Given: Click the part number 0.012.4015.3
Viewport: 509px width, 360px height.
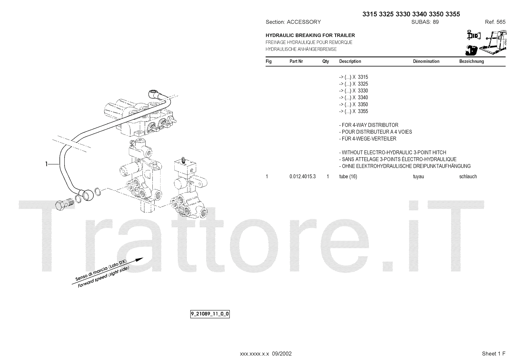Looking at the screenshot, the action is (x=302, y=177).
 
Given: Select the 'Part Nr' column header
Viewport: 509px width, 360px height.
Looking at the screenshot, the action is (x=296, y=61).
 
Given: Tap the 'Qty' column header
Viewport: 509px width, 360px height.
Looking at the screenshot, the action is (x=325, y=61).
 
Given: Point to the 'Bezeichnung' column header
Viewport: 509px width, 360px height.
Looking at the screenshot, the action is (x=471, y=61).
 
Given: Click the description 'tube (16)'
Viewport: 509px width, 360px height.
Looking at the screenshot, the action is (x=348, y=177).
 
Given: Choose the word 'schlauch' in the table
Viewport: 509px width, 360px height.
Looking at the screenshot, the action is (x=468, y=177).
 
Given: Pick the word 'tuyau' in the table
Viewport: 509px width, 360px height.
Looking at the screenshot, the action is (x=418, y=177).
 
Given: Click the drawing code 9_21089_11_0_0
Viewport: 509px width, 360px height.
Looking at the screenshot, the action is (x=210, y=314).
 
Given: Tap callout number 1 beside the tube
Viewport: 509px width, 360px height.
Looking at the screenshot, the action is (x=47, y=164).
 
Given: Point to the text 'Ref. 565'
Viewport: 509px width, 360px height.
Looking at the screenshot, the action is (x=495, y=22).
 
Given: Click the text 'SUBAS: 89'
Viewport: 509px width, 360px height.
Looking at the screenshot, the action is (x=425, y=22).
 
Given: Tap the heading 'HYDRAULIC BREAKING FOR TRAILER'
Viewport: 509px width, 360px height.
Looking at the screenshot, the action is (x=310, y=35).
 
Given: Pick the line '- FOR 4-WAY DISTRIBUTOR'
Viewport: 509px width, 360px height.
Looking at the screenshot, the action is (x=369, y=125).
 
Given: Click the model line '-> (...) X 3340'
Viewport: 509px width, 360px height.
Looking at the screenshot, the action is (x=353, y=98).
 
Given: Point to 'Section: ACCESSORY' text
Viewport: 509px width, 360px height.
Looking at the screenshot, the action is (x=293, y=22).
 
